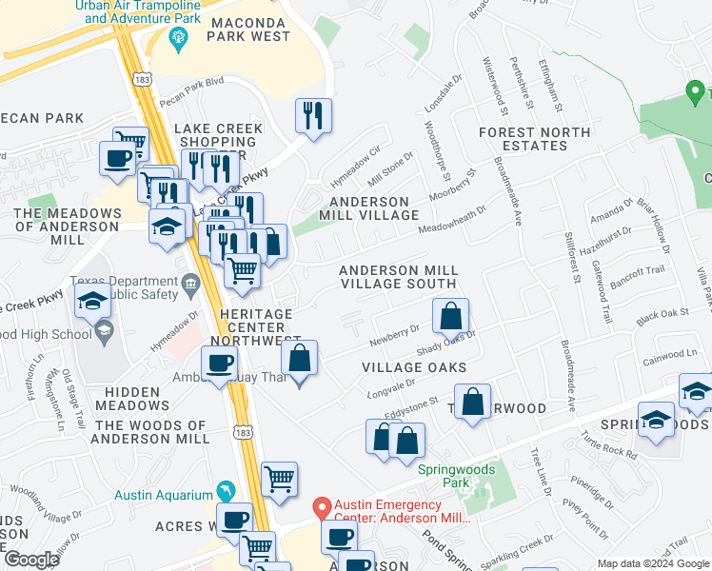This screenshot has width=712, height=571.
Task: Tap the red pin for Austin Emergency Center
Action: coord(322,508)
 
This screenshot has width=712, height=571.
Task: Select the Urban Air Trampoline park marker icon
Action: coord(176,38)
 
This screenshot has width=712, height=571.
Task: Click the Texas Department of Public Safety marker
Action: coord(189,282)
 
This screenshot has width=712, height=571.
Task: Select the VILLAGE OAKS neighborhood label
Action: coord(414,367)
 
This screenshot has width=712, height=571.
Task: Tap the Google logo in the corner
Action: coord(30,560)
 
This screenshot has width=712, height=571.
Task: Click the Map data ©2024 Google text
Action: coord(653,563)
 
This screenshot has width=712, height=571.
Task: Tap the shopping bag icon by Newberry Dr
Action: coord(451,316)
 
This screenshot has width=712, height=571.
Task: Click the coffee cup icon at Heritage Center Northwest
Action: coord(220,363)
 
